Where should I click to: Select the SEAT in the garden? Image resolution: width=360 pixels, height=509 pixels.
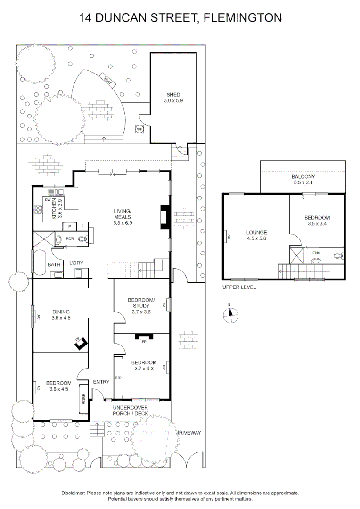[x=107, y=80]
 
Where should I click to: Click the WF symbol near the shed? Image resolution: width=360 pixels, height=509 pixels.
[x=139, y=129]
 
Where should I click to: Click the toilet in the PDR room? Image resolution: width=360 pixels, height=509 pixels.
[x=83, y=239]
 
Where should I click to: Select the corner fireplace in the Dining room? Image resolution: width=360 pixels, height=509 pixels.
[x=81, y=343]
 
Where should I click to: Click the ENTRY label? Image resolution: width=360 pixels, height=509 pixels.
[x=101, y=382]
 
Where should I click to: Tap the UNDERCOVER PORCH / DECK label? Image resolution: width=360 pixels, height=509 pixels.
[x=131, y=410]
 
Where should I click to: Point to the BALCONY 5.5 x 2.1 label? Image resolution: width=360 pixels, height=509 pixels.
[x=303, y=179]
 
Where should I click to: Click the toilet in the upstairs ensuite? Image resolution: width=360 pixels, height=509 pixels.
[x=337, y=257]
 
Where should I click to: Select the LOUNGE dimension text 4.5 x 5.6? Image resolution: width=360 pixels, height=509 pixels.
[x=256, y=239]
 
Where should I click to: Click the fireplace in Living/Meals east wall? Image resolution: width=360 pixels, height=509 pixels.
[x=164, y=217]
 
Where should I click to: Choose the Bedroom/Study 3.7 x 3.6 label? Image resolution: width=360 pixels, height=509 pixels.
[x=141, y=303]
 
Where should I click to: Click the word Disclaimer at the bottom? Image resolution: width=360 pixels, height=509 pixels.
[x=73, y=493]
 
